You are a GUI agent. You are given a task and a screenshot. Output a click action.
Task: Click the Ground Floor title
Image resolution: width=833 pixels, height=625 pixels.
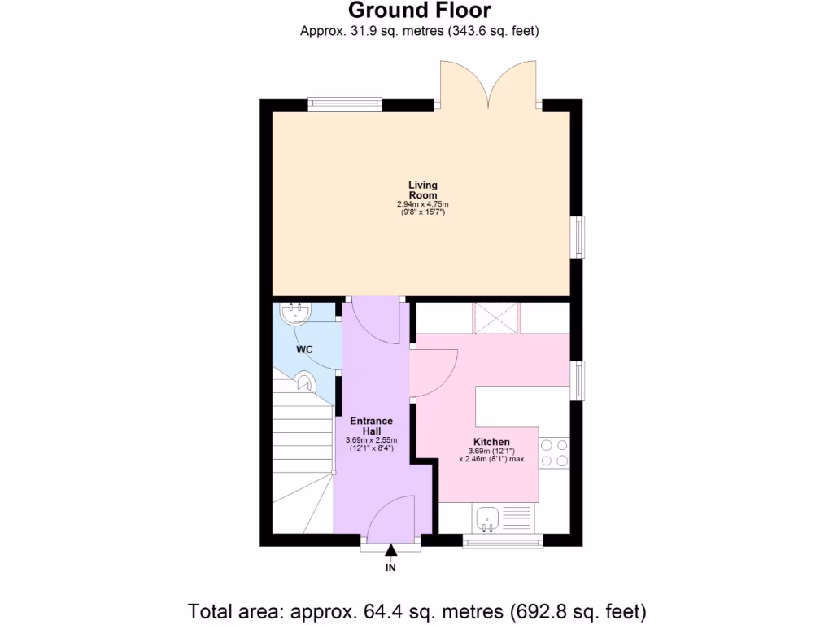pyautogui.click(x=420, y=11)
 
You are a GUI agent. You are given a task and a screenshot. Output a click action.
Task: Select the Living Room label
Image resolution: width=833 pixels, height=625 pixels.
pyautogui.click(x=422, y=190)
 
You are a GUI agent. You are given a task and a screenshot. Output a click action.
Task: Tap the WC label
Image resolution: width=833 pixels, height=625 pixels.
pyautogui.click(x=304, y=350)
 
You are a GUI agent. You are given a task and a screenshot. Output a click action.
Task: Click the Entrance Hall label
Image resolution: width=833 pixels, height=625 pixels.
pyautogui.click(x=371, y=426)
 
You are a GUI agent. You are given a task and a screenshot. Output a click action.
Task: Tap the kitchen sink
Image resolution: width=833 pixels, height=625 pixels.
pyautogui.click(x=488, y=518)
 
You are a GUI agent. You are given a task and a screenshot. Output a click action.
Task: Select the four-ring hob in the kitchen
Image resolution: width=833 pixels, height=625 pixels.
pyautogui.click(x=554, y=452)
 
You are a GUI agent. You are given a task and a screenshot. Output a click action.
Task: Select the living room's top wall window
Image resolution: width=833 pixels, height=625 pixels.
pyautogui.click(x=344, y=103)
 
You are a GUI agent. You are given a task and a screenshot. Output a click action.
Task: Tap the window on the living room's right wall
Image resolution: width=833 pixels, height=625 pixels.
pyautogui.click(x=578, y=238)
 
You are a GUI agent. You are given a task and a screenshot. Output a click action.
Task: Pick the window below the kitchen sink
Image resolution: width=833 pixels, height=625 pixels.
pyautogui.click(x=503, y=540)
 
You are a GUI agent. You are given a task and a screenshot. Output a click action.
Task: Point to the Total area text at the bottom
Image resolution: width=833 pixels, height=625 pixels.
pyautogui.click(x=416, y=610)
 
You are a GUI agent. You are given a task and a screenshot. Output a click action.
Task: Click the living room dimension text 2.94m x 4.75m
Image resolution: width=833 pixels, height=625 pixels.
pyautogui.click(x=422, y=203)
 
